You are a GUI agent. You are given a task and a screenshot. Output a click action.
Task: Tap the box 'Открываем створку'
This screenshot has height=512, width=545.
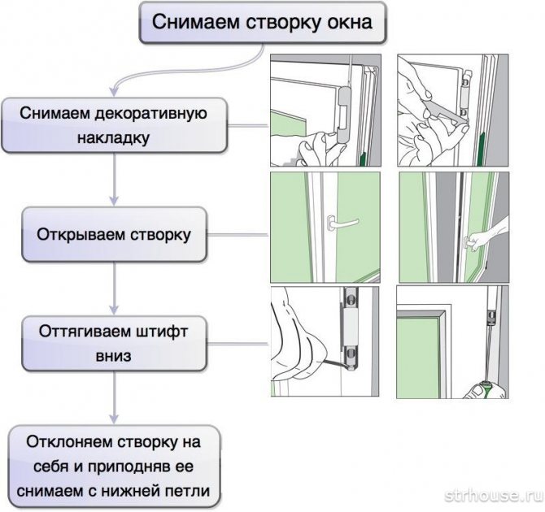tap(113, 235)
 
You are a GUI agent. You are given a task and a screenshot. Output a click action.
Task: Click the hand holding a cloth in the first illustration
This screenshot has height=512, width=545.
tap(314, 150)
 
